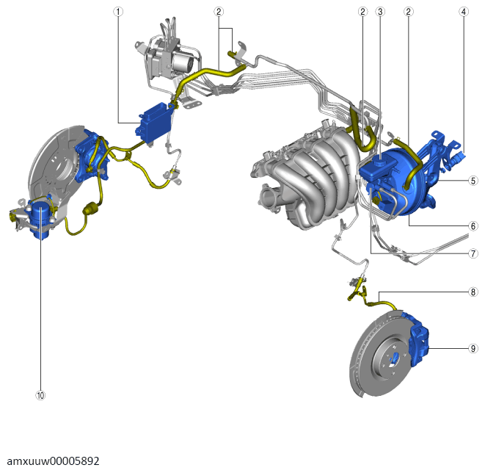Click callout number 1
tap(118, 12)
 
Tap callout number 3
tap(380, 12)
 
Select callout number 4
tap(463, 12)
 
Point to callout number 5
tap(473, 181)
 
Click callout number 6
tap(473, 226)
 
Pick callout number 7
tap(473, 253)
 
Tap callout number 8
tap(473, 292)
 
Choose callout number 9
tap(473, 348)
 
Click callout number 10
tap(40, 395)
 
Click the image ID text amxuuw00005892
tap(54, 461)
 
